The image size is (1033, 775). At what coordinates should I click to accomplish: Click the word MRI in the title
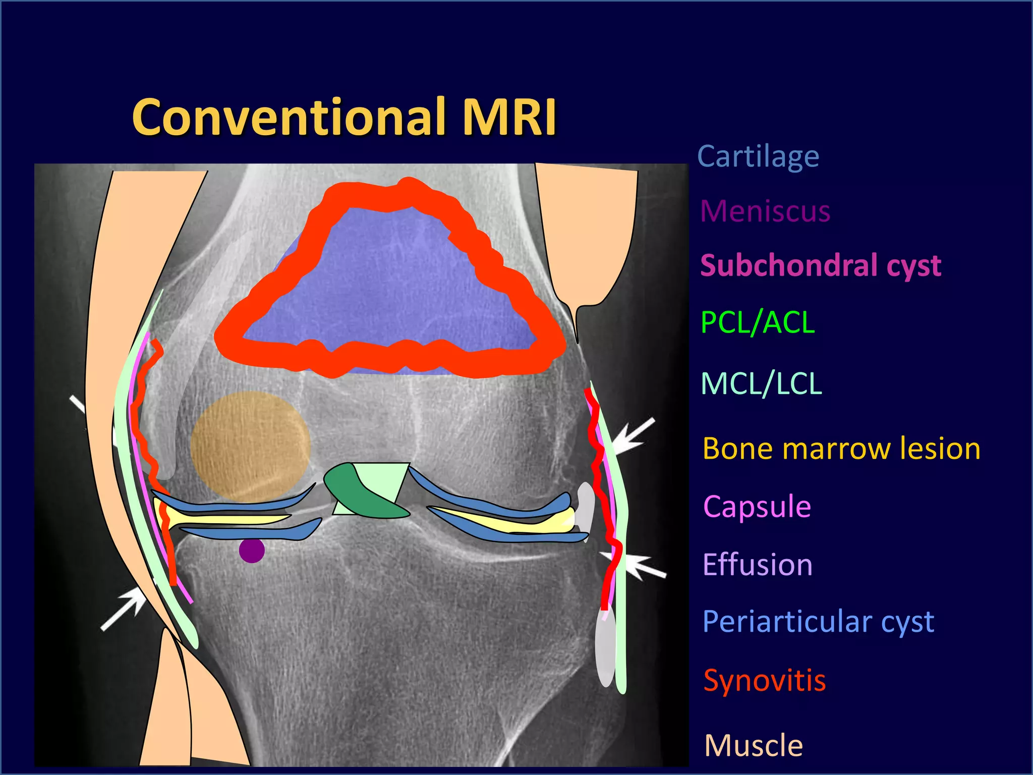click(509, 117)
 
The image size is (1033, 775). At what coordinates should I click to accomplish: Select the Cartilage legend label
click(758, 157)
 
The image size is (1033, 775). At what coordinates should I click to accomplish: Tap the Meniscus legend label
click(765, 211)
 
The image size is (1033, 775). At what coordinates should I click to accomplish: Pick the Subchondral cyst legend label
click(820, 265)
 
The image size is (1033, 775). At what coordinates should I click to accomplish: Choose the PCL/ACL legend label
click(758, 322)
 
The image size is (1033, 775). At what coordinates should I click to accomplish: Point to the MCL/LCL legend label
click(761, 383)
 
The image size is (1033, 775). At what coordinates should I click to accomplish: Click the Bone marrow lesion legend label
click(841, 449)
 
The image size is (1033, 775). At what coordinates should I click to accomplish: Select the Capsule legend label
click(757, 506)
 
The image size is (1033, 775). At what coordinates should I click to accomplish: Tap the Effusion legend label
click(757, 564)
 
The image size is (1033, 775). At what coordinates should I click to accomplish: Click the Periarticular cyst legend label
click(818, 622)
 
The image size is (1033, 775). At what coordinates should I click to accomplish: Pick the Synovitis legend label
click(764, 680)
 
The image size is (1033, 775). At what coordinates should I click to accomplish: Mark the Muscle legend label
click(753, 745)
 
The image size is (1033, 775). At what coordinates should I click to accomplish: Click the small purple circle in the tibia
click(251, 550)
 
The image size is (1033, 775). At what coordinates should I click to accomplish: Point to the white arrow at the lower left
click(124, 610)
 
